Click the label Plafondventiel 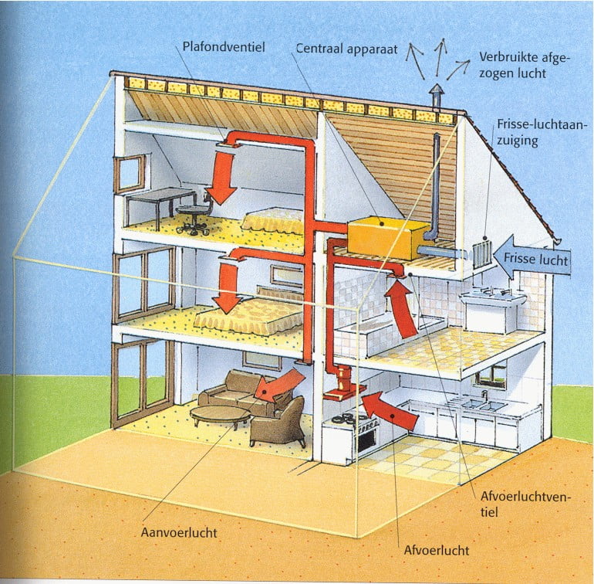coord(224,48)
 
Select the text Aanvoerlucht coord(179,532)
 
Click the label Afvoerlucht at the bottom coord(437,551)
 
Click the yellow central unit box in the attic coord(386,238)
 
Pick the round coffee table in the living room coord(221,416)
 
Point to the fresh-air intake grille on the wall coord(482,252)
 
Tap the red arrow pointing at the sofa coord(278,384)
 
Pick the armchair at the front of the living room coord(278,421)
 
